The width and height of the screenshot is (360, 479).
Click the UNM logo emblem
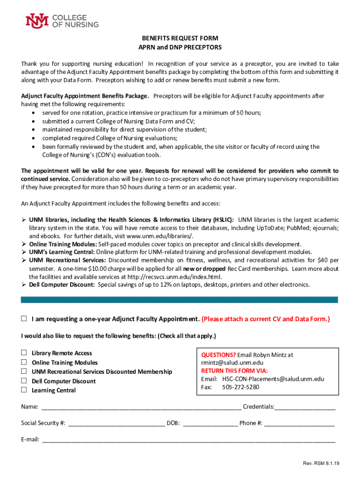[x=37, y=21]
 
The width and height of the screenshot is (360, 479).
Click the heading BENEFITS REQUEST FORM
[x=180, y=38]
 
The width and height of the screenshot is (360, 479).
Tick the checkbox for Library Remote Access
[x=24, y=353]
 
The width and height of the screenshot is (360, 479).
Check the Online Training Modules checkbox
[x=24, y=363]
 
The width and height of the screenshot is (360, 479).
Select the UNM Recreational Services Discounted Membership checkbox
[x=24, y=371]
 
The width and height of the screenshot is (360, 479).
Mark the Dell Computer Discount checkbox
[x=24, y=381]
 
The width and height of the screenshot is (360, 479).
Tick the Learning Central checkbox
[x=24, y=390]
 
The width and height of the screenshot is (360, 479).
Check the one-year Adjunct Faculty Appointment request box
[x=24, y=319]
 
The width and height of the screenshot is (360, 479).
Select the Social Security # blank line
[x=116, y=424]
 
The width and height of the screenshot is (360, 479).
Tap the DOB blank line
[x=210, y=424]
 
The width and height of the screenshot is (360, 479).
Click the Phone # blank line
[x=299, y=424]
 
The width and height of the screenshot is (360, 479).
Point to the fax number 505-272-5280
[x=240, y=387]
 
